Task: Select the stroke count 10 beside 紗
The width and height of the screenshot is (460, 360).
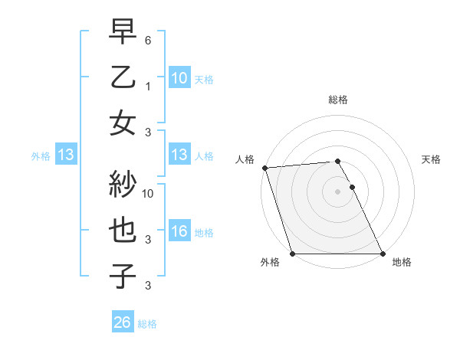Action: click(149, 193)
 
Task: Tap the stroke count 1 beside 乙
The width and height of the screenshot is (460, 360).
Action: click(149, 86)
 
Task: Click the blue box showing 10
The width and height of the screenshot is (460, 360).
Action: click(179, 78)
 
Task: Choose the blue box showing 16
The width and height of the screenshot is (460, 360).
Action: click(179, 231)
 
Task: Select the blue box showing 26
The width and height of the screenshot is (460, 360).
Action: click(122, 323)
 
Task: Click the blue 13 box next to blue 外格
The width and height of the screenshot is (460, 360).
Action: click(65, 155)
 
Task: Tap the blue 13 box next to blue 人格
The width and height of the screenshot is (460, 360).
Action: click(179, 155)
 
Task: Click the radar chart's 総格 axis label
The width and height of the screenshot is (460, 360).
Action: click(338, 100)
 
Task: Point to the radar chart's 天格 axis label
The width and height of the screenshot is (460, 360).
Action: click(431, 159)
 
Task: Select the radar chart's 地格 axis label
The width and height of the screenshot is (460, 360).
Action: click(402, 262)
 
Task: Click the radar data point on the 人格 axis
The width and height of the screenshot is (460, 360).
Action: click(264, 168)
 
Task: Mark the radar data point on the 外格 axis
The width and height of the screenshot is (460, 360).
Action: click(292, 254)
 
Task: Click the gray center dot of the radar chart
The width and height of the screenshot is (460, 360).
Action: click(338, 191)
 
